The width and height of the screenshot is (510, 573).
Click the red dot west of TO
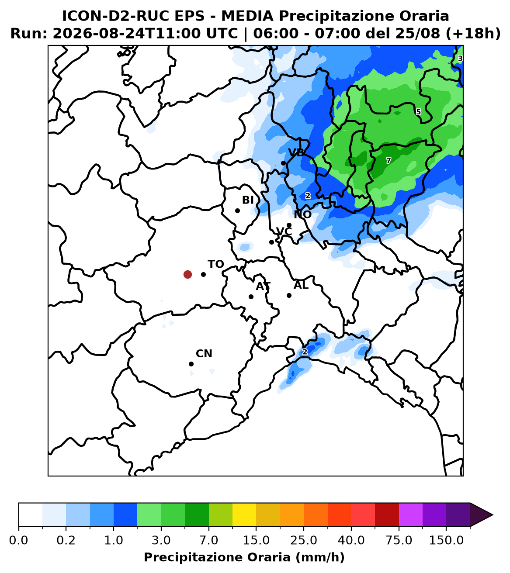pos(187,274)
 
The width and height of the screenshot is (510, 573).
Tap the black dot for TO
pos(203,274)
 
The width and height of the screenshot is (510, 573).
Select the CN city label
pos(204,353)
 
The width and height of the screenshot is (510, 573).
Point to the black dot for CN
pos(191,364)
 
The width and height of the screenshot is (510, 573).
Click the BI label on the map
pos(248,200)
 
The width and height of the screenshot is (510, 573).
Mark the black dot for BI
pos(237,211)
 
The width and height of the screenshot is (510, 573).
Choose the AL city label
pos(301,285)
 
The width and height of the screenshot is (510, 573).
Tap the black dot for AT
pos(251,297)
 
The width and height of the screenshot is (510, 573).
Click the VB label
pos(296,152)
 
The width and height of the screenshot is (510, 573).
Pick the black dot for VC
pos(271,242)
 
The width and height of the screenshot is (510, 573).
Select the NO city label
pos(302,215)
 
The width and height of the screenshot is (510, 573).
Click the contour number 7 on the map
pos(389,160)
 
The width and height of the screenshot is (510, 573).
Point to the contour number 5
pos(418,112)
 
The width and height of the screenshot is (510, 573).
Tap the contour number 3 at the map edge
pos(460,59)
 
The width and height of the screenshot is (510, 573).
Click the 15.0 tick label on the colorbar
pos(256,541)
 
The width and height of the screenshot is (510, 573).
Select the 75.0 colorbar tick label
pos(399,541)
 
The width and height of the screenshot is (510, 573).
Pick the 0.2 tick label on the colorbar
pos(66,541)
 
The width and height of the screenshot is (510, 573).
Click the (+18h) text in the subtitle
pos(473,33)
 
